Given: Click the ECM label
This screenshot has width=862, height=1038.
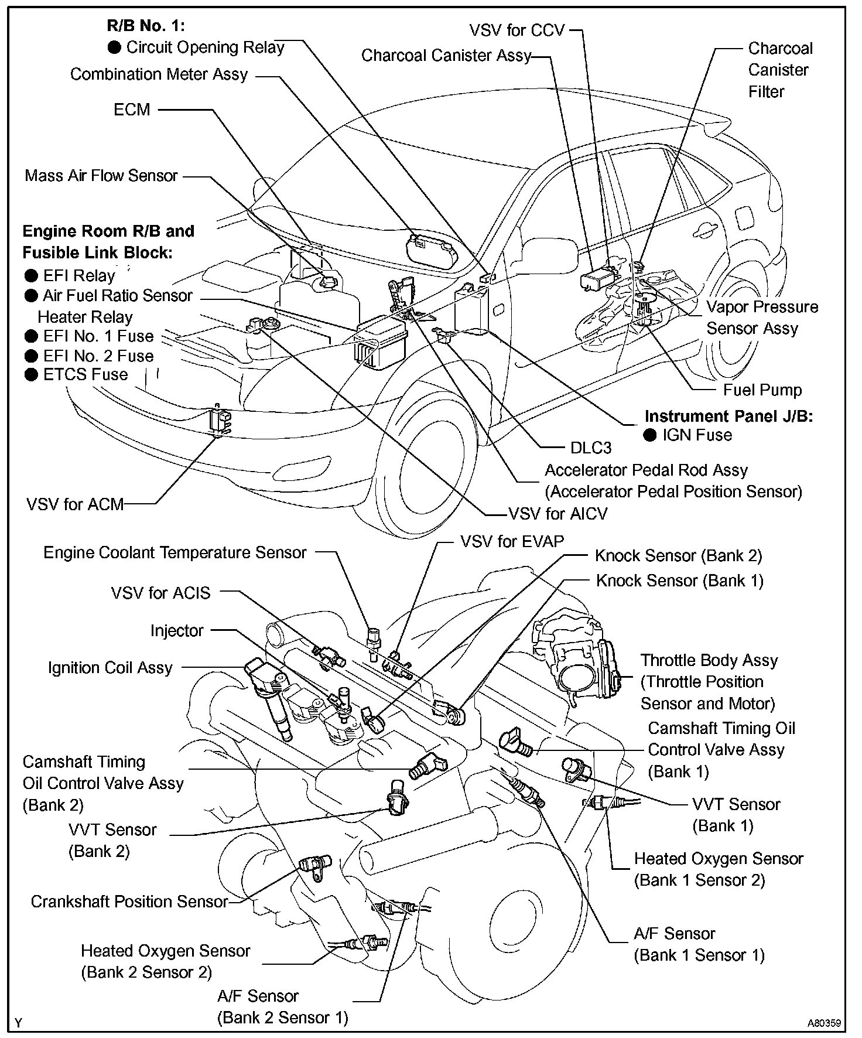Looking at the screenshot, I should [132, 110].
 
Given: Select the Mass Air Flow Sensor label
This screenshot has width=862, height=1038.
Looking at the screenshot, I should [101, 176].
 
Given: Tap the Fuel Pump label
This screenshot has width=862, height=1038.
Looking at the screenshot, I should [762, 390].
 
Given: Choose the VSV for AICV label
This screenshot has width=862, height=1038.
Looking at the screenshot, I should [557, 514].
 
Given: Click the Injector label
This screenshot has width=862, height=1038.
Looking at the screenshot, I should [177, 631].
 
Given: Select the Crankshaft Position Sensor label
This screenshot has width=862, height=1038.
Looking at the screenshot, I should [129, 902].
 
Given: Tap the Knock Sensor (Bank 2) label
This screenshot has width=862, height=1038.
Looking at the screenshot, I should [678, 555].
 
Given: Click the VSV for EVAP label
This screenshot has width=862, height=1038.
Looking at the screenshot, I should [512, 541].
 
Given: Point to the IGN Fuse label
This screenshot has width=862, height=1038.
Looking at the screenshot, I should [697, 435].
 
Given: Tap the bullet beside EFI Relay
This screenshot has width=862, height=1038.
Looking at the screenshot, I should [31, 276].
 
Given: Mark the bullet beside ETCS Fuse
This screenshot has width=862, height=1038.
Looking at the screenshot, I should [31, 375].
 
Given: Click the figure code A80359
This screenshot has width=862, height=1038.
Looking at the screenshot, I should [824, 1023].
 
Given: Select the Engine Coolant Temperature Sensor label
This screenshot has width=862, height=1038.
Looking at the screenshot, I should [175, 553].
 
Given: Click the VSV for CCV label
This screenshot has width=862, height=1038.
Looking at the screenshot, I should [516, 30].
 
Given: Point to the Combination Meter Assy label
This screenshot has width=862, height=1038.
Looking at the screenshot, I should [159, 74].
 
